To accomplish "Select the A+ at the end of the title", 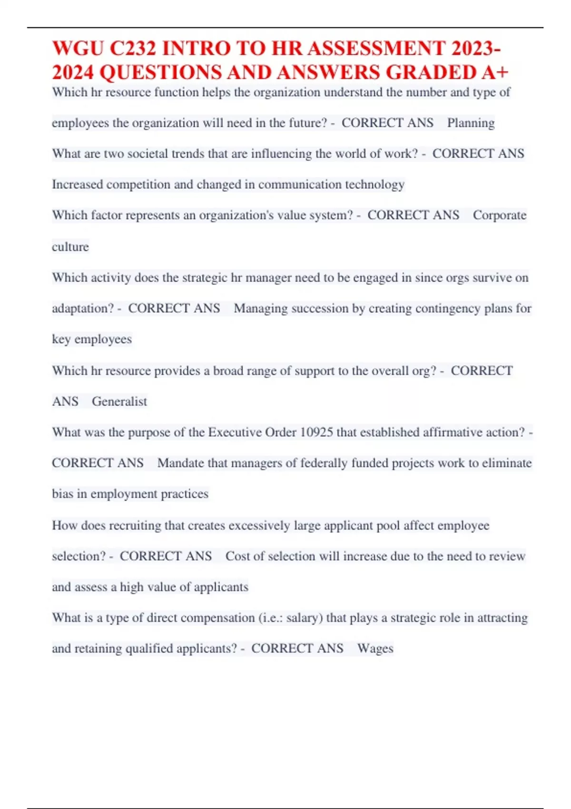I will pos(495,72).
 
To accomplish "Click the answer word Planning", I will pos(471,123).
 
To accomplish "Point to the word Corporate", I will pos(500,215).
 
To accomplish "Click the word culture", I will pos(70,247).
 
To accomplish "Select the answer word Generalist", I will pos(119,401).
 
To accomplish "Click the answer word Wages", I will pos(375,648).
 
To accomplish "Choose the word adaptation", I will pos(83,308).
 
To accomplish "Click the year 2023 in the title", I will pos(473,49).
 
